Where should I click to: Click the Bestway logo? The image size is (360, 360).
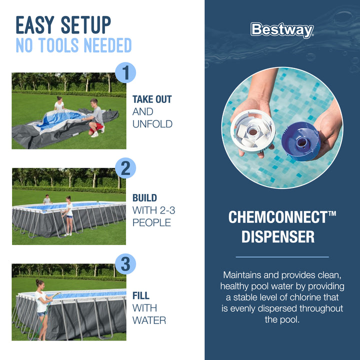coord(282,29)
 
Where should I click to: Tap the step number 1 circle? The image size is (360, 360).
coord(126,73)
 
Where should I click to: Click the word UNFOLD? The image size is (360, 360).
coord(152,123)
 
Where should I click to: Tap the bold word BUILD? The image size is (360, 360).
coord(144,198)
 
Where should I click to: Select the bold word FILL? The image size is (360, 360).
coord(141,295)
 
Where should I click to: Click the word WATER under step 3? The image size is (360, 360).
coord(149,319)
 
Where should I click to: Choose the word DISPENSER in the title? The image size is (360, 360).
coord(278,236)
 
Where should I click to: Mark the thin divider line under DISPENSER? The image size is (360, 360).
coord(282,257)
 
